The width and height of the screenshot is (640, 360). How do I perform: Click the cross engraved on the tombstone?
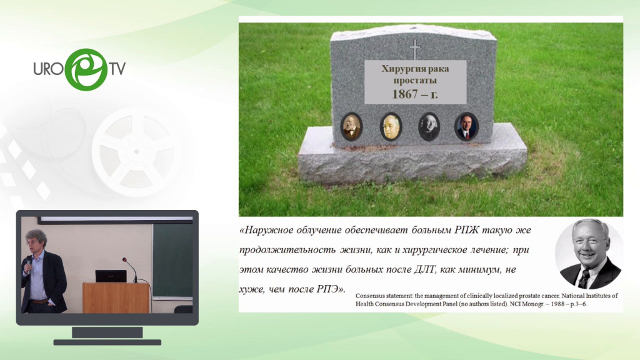(415, 49)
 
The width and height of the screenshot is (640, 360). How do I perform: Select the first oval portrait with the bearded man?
(351, 126)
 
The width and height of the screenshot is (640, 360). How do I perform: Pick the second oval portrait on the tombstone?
(391, 126)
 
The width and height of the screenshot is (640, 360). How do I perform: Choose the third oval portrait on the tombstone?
(429, 126)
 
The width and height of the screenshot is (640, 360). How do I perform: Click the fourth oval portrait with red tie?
(466, 126)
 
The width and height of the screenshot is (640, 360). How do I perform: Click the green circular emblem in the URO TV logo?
(86, 69)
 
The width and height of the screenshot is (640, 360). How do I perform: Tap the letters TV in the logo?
(117, 69)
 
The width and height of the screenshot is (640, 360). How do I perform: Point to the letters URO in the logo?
(48, 69)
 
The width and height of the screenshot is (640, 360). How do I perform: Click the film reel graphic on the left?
(136, 151)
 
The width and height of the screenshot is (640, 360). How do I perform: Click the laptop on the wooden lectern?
(111, 276)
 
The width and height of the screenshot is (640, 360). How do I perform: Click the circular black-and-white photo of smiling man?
(589, 254)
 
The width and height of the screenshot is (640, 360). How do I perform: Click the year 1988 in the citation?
(554, 304)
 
